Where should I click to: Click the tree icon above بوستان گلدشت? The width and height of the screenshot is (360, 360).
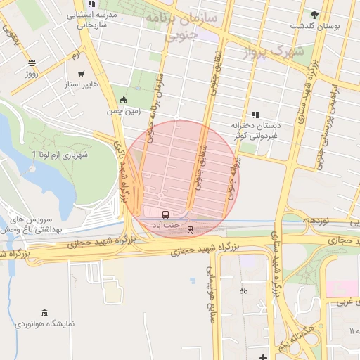(314, 14)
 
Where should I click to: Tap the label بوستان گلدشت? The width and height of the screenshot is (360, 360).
(314, 26)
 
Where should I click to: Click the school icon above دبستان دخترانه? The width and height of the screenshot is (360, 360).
(255, 114)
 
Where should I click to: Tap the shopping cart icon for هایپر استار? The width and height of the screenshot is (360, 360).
(82, 73)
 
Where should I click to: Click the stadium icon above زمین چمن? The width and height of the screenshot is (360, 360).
(124, 100)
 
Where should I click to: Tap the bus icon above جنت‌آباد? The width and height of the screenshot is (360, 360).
(165, 214)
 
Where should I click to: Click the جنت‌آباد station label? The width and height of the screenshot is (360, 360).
(166, 224)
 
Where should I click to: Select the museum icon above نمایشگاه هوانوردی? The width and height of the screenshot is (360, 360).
(45, 313)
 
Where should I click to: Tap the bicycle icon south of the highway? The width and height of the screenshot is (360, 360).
(243, 290)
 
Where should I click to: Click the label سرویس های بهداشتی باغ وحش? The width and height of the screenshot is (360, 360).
(32, 224)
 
